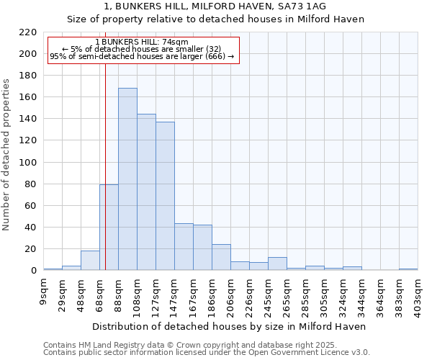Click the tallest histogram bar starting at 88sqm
127,179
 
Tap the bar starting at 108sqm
146,192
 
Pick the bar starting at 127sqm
165,196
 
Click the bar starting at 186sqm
221,257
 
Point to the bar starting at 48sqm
90,261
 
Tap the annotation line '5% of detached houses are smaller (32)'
141,49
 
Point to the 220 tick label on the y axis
27,32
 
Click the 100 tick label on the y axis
27,163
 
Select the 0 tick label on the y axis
33,271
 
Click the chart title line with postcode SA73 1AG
215,6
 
